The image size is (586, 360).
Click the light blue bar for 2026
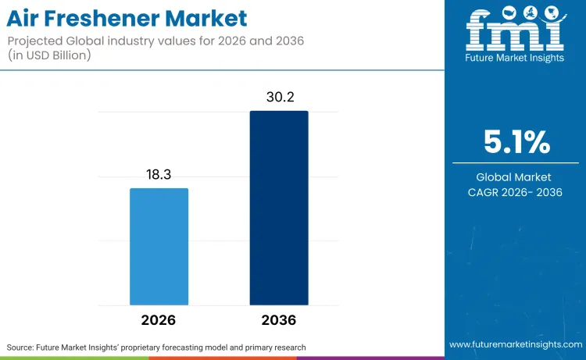click(x=159, y=247)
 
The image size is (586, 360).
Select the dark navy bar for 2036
click(x=279, y=208)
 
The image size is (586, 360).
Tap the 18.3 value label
click(x=159, y=174)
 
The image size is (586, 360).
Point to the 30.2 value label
click(x=280, y=97)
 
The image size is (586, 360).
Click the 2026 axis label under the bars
click(x=158, y=320)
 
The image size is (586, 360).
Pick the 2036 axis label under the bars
click(x=279, y=320)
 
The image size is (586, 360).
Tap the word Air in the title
click(x=23, y=18)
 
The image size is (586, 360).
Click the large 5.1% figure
click(x=517, y=142)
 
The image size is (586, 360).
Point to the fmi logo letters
click(x=515, y=30)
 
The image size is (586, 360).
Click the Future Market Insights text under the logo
click(x=515, y=58)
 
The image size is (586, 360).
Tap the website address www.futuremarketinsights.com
click(x=516, y=344)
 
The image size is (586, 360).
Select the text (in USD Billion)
click(x=49, y=55)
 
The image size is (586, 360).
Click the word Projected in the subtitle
click(x=35, y=41)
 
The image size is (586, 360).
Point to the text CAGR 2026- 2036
click(x=515, y=192)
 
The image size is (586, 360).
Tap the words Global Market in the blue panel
click(x=513, y=177)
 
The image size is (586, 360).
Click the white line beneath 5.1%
click(x=516, y=163)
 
